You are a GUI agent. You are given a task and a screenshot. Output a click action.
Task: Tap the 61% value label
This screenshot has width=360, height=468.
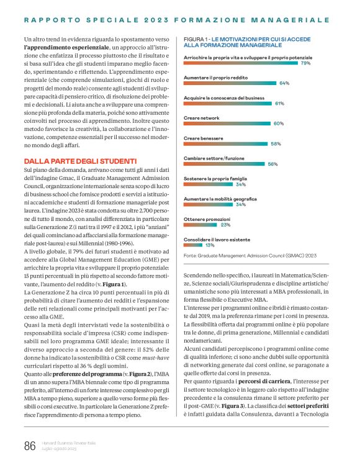(x=279, y=103)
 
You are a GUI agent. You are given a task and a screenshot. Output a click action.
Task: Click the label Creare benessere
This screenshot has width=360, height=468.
(x=205, y=138)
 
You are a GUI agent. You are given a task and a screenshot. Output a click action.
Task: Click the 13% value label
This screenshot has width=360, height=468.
(x=201, y=245)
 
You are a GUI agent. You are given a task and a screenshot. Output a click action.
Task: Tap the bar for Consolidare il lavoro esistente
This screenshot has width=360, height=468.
(x=189, y=245)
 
